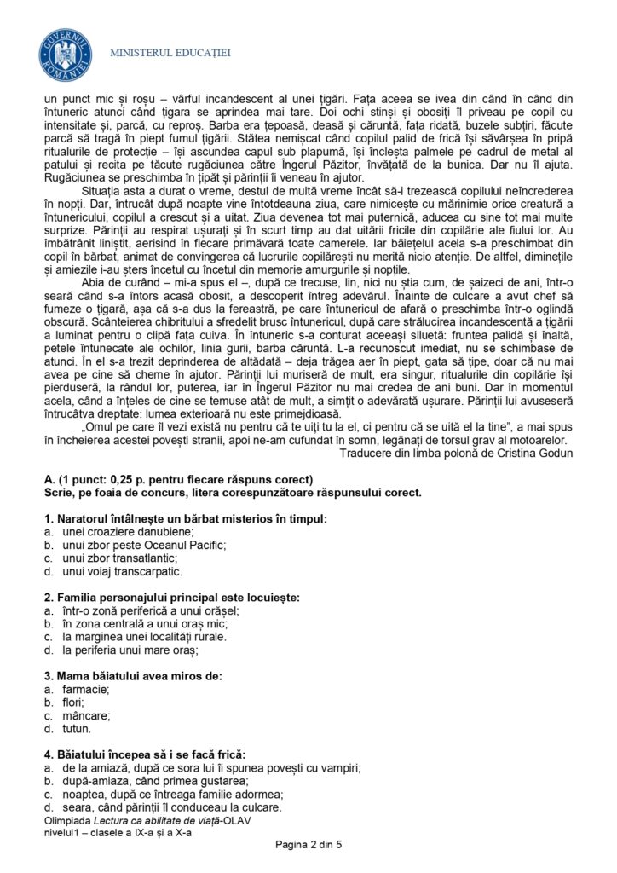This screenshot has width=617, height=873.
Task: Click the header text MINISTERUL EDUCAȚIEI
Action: coord(170,54)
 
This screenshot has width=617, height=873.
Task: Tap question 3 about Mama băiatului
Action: coord(132,676)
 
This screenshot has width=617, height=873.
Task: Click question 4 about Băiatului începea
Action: coord(144,754)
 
